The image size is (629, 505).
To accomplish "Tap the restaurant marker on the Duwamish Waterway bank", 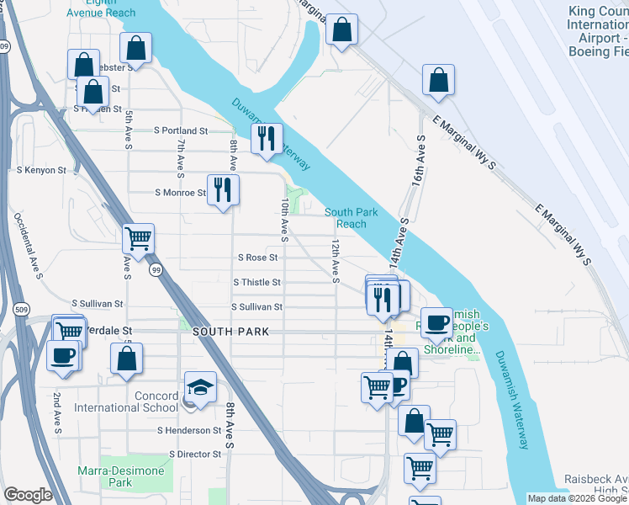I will [267, 139].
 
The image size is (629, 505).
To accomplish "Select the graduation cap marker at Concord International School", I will [199, 388].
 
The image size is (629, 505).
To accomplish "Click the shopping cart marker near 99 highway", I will [138, 237].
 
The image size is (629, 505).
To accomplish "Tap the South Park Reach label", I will [346, 218].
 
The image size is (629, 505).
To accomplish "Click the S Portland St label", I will [181, 131].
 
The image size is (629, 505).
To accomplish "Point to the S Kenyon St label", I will [40, 170].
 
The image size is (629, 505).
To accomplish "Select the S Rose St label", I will [259, 258].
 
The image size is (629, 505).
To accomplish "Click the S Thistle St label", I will [256, 283].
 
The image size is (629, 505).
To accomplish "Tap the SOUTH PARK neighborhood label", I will [231, 332].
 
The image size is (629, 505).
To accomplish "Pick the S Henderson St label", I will [188, 430].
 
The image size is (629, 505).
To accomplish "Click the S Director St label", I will [195, 454].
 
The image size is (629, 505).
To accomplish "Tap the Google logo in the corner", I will [28, 495].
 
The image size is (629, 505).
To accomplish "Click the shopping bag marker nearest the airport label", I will [438, 81].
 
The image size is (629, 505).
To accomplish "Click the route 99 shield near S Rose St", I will [156, 270].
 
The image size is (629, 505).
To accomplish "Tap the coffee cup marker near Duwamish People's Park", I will [436, 322].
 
